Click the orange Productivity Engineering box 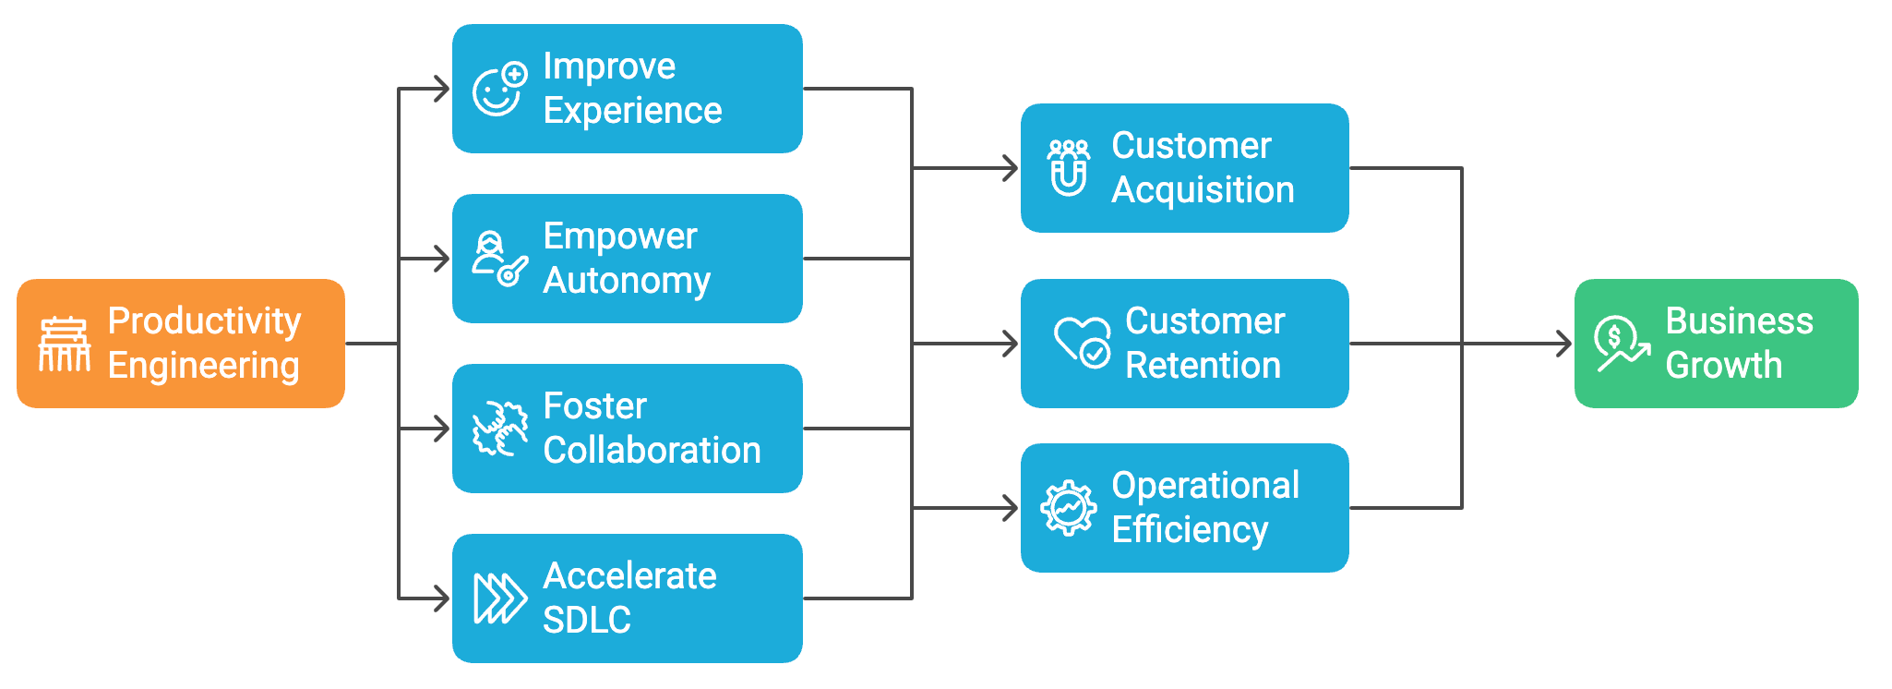pyautogui.click(x=181, y=344)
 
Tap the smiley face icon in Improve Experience pyautogui.click(x=498, y=91)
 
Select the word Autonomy pyautogui.click(x=627, y=281)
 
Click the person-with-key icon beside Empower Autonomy pyautogui.click(x=498, y=260)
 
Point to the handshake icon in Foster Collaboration pyautogui.click(x=499, y=429)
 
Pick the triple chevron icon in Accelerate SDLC pyautogui.click(x=499, y=598)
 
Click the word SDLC pyautogui.click(x=586, y=620)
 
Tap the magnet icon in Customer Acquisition pyautogui.click(x=1069, y=168)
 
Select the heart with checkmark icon pyautogui.click(x=1082, y=343)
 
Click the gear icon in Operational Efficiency pyautogui.click(x=1069, y=507)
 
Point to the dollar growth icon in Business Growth pyautogui.click(x=1621, y=344)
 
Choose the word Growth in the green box pyautogui.click(x=1723, y=366)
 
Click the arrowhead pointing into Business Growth pyautogui.click(x=1563, y=344)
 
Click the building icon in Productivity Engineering pyautogui.click(x=64, y=344)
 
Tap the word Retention pyautogui.click(x=1203, y=366)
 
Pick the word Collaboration pyautogui.click(x=652, y=451)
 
